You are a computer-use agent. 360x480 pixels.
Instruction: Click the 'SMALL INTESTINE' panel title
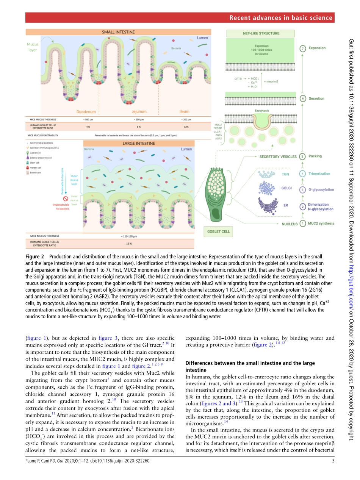(118, 32)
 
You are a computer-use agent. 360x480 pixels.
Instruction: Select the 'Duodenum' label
(86, 112)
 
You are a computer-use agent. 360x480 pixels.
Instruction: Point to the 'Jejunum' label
(139, 112)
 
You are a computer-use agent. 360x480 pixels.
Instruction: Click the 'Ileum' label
(184, 112)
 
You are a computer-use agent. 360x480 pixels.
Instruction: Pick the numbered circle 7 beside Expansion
(302, 48)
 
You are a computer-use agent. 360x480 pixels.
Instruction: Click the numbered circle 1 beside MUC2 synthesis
(302, 224)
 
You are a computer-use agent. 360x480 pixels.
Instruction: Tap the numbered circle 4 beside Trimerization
(302, 174)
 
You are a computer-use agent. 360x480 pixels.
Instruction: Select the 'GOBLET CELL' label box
(218, 231)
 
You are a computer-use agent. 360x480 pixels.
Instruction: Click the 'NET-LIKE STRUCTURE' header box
(261, 33)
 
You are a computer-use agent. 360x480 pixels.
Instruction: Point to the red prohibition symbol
(65, 199)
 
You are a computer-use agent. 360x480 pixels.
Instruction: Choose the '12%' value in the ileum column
(186, 127)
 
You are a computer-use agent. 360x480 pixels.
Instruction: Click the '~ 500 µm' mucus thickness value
(88, 120)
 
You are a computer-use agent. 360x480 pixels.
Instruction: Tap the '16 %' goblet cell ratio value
(129, 244)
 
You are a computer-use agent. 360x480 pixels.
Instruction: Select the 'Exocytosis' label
(262, 111)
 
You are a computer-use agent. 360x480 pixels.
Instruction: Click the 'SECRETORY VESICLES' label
(278, 156)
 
